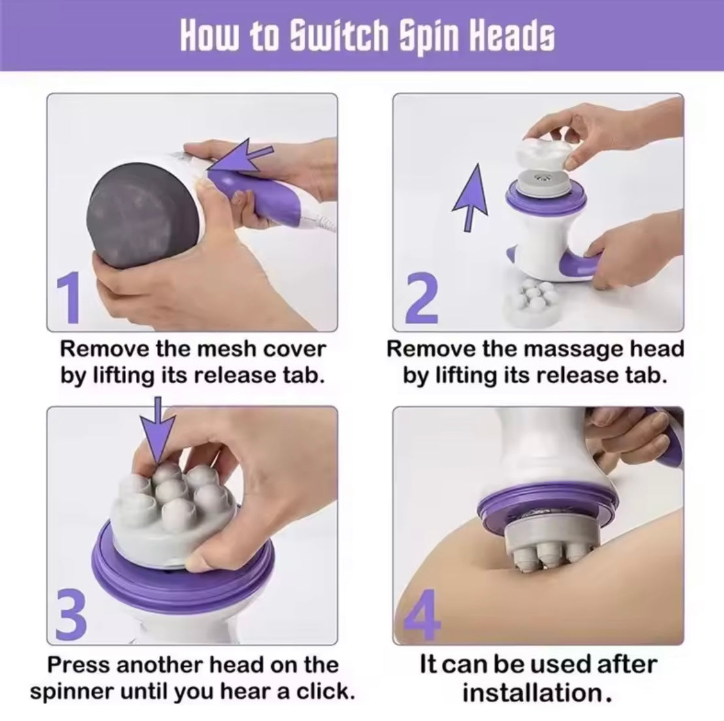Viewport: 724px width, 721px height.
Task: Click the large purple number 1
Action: click(x=69, y=298)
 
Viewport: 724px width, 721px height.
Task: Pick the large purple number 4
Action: click(x=421, y=613)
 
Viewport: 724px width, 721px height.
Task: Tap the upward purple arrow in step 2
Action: click(x=470, y=197)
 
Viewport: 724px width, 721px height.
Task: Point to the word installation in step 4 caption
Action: click(x=538, y=693)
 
